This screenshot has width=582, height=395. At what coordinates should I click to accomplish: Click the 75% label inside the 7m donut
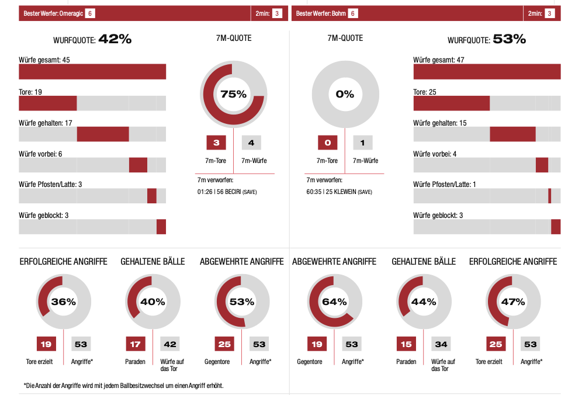click(233, 94)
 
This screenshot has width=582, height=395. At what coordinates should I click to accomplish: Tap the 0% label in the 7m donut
click(345, 94)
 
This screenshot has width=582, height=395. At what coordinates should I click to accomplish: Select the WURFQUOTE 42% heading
click(92, 40)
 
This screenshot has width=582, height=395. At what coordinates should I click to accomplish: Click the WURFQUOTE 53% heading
click(487, 40)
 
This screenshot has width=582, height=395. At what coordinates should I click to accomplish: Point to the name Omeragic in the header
click(71, 13)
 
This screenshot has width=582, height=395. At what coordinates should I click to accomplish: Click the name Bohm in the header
click(338, 13)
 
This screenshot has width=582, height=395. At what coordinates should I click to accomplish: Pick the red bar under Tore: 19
click(48, 103)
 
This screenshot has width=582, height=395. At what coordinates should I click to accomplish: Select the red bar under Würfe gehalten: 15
click(512, 134)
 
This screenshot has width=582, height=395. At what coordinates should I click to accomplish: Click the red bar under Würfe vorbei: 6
click(138, 165)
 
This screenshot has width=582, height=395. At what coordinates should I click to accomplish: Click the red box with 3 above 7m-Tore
click(216, 143)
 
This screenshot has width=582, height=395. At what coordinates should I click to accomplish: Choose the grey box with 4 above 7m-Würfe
click(251, 143)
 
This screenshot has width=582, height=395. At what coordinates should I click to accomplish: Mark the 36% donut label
click(63, 302)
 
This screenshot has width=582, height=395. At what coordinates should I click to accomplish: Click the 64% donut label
click(334, 302)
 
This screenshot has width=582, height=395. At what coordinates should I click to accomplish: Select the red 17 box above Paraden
click(135, 344)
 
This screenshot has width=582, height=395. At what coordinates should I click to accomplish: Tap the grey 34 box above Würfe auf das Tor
click(441, 344)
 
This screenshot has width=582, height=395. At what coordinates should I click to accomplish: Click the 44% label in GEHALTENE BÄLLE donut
click(423, 302)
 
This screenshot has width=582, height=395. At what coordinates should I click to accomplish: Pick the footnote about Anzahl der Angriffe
click(123, 386)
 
